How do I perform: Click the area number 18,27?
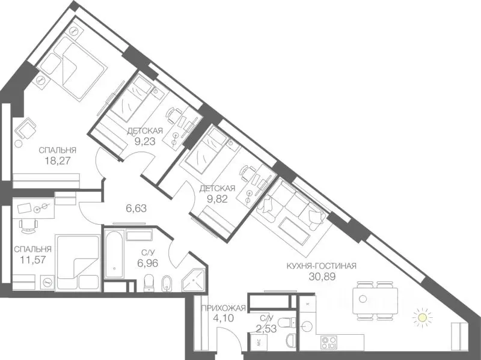[57, 161]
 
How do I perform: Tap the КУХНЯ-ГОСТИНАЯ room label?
[321, 266]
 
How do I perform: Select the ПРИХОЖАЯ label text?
[223, 308]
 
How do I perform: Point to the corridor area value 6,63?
[136, 209]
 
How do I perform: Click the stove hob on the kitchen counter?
[329, 342]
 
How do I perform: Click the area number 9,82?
[218, 200]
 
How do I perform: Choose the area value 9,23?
[145, 141]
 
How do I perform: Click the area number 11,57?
[33, 260]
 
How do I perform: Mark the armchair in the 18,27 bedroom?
[26, 129]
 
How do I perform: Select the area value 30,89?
[322, 276]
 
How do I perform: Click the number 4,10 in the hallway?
[223, 318]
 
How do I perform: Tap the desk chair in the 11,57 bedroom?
[28, 225]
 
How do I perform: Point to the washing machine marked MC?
[259, 342]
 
